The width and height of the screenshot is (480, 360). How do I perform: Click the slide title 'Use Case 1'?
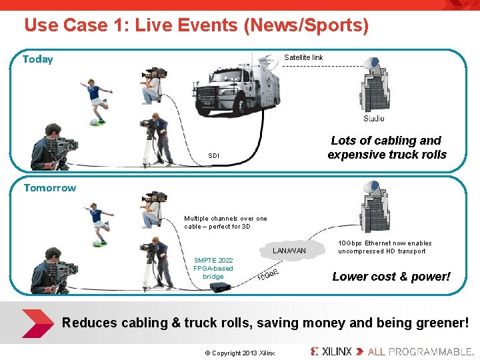pos(196,25)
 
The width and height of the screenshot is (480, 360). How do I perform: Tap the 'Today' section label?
pos(37,59)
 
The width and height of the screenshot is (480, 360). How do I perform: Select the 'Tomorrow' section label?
pos(49,188)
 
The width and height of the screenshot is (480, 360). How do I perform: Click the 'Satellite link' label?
pos(303,57)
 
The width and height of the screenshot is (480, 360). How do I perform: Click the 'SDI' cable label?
pos(213,156)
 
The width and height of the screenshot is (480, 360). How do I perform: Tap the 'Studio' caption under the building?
pos(374,119)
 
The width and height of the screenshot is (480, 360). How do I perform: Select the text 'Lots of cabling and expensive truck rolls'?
pos(387,147)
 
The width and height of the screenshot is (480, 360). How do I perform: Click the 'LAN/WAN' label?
pos(290,251)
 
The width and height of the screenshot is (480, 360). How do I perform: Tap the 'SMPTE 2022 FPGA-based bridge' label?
pos(213,268)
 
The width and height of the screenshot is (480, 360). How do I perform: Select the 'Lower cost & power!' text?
pos(391,277)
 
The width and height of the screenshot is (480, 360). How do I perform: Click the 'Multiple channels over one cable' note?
pos(225,222)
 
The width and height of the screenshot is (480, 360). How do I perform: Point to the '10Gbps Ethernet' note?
pos(385,247)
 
